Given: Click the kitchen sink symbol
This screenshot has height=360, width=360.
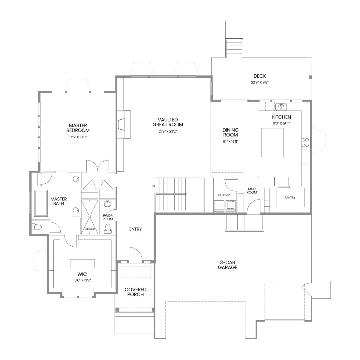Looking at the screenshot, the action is click(x=281, y=107).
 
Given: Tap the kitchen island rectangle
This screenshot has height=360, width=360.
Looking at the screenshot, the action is click(x=273, y=142).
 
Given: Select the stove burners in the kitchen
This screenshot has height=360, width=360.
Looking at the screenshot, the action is click(x=305, y=142).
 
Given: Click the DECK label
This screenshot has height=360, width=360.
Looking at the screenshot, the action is click(x=260, y=76).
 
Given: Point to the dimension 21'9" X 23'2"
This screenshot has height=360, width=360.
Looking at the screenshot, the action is click(x=168, y=131).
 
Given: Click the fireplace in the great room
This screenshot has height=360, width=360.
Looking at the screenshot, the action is click(x=124, y=124).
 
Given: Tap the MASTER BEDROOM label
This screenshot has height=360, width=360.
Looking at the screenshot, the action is click(x=78, y=128).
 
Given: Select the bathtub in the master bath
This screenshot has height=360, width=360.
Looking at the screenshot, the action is click(x=41, y=203).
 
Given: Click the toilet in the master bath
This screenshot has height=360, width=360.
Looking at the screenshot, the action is click(x=37, y=227).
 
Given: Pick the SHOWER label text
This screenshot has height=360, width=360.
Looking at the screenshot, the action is click(x=90, y=229).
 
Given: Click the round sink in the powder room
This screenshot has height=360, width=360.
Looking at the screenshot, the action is click(x=107, y=204).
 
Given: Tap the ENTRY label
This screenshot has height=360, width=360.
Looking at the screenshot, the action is click(x=135, y=229).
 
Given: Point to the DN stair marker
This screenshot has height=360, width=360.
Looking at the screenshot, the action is click(x=153, y=186).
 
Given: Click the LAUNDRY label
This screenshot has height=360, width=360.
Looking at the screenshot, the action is click(x=224, y=195).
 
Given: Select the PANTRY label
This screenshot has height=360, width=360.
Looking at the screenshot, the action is click(x=290, y=197).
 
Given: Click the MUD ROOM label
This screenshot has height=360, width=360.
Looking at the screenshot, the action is click(x=252, y=191).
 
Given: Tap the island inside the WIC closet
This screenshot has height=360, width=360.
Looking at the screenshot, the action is click(x=82, y=264).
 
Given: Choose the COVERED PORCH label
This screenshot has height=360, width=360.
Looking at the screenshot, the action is click(x=135, y=292).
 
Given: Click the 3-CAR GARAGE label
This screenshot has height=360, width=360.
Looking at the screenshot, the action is click(x=227, y=265).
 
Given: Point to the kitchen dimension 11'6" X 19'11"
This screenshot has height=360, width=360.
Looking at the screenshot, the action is click(x=281, y=123).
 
